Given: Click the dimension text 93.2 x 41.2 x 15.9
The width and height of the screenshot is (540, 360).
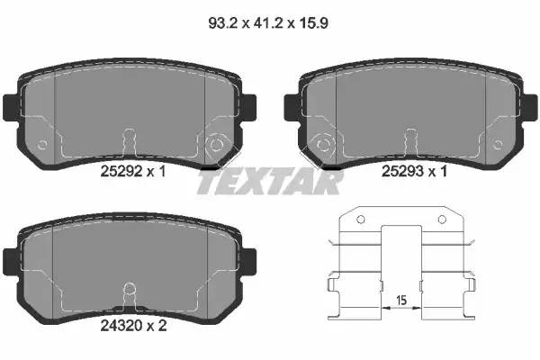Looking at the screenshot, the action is (x=268, y=23).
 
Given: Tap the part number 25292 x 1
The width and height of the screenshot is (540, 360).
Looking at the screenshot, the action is (x=133, y=171).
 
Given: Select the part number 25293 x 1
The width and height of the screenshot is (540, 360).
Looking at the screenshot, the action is (x=414, y=171).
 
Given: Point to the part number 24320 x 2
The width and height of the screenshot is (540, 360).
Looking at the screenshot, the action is (x=133, y=325).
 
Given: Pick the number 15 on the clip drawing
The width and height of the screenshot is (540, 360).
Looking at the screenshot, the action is (x=401, y=300).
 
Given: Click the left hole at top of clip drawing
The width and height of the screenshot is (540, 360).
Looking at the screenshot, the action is (x=361, y=219).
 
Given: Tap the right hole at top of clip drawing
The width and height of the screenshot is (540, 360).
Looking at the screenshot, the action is (x=442, y=219).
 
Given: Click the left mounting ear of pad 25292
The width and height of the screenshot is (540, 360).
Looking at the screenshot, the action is (x=11, y=107).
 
